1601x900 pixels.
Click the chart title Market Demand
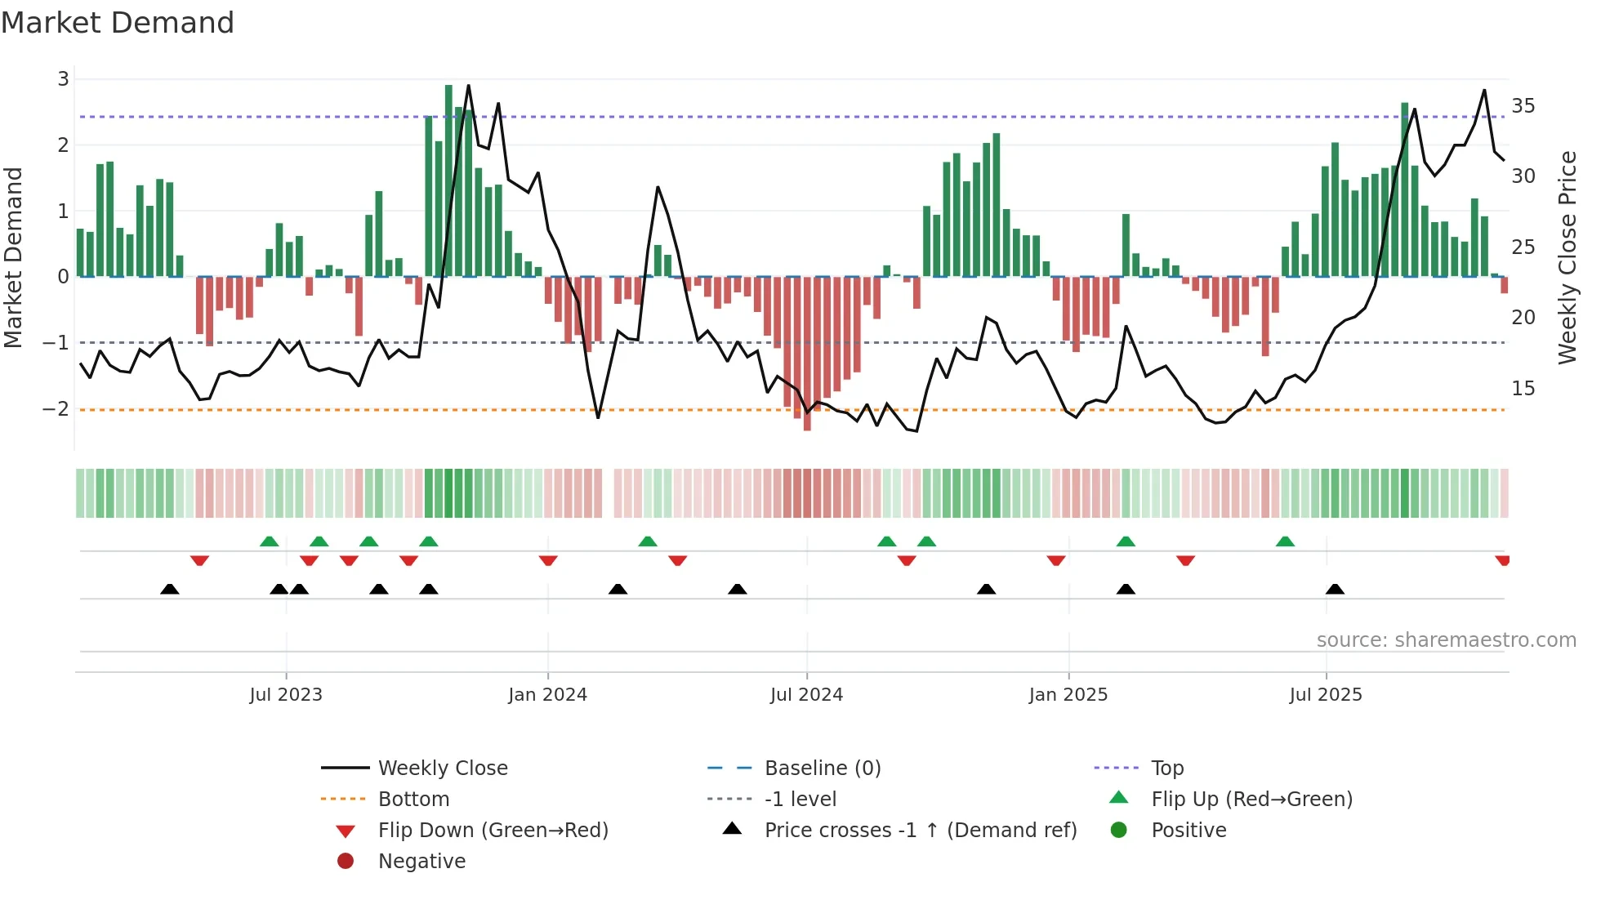118,23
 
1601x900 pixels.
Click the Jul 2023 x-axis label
286,695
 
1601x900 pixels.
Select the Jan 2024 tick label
547,695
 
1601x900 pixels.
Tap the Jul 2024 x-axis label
806,695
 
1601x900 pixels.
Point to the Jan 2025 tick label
1068,695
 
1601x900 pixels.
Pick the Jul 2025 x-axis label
1326,695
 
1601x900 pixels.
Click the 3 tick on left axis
63,79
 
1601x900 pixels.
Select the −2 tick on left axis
56,409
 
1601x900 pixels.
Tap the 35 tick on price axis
1523,106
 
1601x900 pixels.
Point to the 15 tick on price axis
1523,389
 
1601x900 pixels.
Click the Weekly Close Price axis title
1567,257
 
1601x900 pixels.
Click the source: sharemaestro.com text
1446,640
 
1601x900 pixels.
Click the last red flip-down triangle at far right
1502,560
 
